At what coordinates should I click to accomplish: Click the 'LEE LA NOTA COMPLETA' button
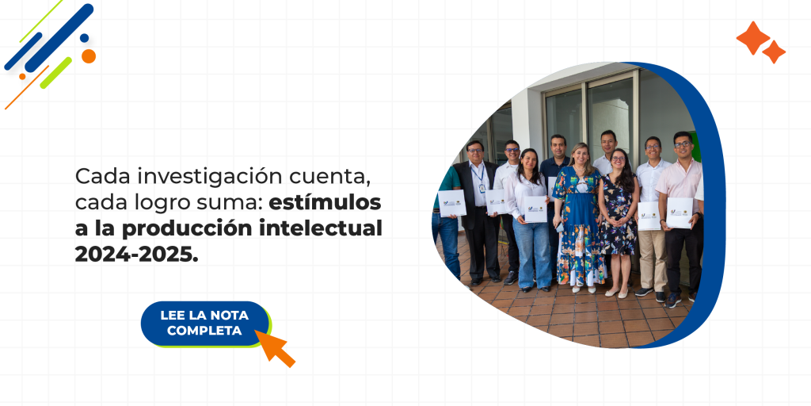[x=204, y=323]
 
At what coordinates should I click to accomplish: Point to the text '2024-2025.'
[x=137, y=255]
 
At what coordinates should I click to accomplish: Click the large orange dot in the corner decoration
[x=89, y=56]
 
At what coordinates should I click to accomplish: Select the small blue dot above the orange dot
[x=84, y=38]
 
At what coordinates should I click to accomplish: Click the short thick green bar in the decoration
[x=55, y=73]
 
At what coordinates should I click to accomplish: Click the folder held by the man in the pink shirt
[x=679, y=212]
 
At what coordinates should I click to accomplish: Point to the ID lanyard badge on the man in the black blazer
[x=481, y=188]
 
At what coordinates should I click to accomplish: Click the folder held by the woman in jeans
[x=535, y=208]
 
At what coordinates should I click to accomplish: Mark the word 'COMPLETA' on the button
[x=204, y=331]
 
